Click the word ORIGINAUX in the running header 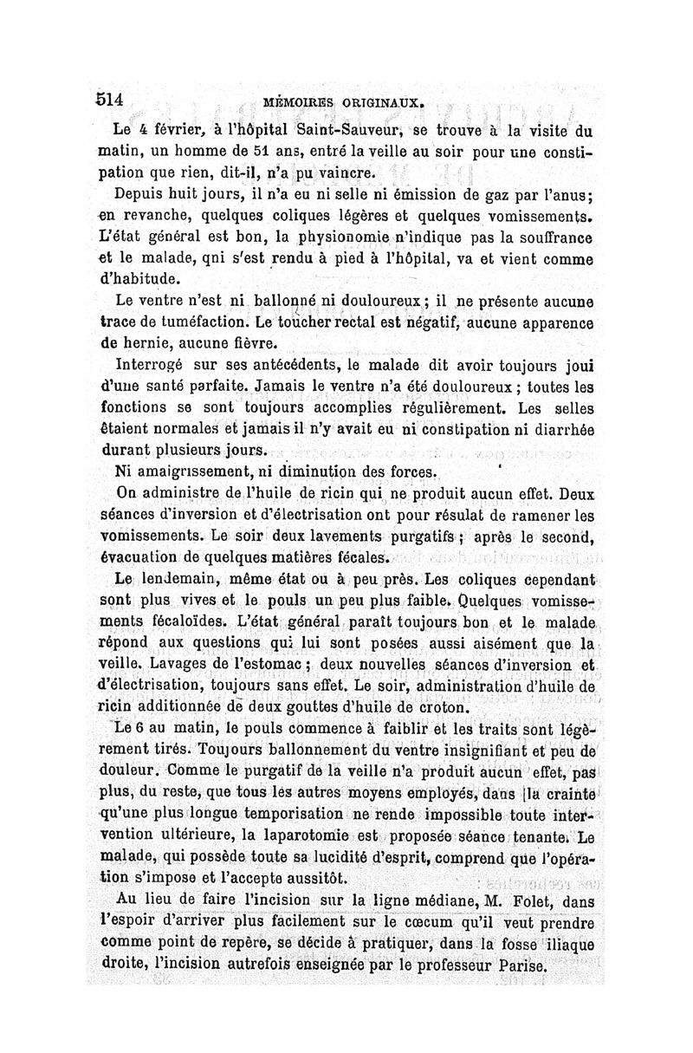(380, 102)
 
